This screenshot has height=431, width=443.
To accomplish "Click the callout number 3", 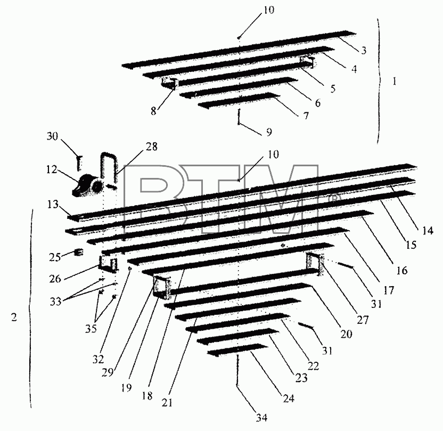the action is pyautogui.click(x=364, y=50).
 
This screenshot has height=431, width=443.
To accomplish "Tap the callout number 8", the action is pyautogui.click(x=153, y=111).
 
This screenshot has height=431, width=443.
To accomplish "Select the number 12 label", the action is pyautogui.click(x=52, y=170).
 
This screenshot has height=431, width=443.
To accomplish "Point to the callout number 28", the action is pyautogui.click(x=152, y=147).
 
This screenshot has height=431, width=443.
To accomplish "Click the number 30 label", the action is pyautogui.click(x=52, y=136).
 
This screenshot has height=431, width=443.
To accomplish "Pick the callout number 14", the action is pyautogui.click(x=428, y=230).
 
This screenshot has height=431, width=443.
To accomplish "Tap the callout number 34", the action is pyautogui.click(x=261, y=417).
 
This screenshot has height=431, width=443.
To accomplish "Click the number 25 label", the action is pyautogui.click(x=55, y=257).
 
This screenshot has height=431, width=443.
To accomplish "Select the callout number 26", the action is pyautogui.click(x=55, y=279).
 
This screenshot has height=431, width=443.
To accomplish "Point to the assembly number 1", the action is pyautogui.click(x=395, y=82).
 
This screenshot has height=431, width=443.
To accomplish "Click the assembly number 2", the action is pyautogui.click(x=14, y=317).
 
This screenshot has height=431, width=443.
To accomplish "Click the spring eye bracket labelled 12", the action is pyautogui.click(x=87, y=185).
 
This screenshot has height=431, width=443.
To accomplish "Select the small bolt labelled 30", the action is pyautogui.click(x=79, y=163).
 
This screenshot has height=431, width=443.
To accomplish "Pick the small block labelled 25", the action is pyautogui.click(x=79, y=252).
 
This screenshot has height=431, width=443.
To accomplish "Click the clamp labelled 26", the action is pyautogui.click(x=108, y=264).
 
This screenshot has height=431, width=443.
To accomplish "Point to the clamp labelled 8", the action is pyautogui.click(x=169, y=84).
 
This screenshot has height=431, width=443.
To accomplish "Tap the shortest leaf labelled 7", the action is pyautogui.click(x=239, y=100).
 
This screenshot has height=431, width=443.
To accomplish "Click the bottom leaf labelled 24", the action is pyautogui.click(x=237, y=349).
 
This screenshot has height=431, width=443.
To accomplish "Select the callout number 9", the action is pyautogui.click(x=269, y=132).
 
